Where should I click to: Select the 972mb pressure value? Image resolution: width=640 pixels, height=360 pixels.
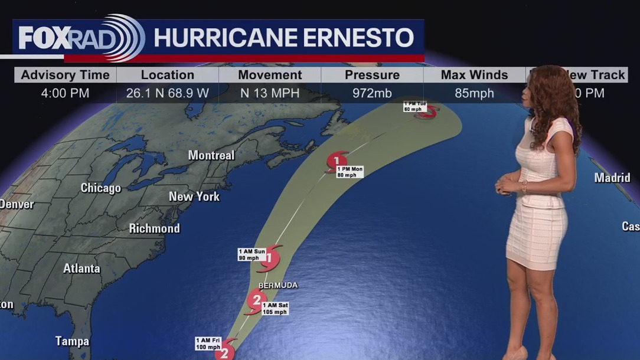click(x=372, y=93)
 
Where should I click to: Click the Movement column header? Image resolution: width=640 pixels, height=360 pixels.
click(x=270, y=75)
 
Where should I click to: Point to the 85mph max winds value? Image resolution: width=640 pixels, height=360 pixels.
click(x=474, y=93)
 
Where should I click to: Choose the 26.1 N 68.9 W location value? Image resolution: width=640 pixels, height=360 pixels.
click(x=168, y=93)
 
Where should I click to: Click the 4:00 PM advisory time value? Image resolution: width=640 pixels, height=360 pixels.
click(x=65, y=93)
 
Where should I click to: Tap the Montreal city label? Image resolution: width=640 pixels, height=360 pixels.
click(x=211, y=155)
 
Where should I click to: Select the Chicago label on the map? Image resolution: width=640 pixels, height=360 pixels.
click(x=100, y=188)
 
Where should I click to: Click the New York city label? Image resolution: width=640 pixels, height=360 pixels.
click(x=194, y=197)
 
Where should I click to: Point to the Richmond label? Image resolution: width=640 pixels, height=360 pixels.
click(x=154, y=228)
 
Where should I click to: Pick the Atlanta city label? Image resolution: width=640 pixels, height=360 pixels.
click(x=81, y=269)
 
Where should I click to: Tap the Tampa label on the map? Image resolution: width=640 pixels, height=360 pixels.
click(x=72, y=341)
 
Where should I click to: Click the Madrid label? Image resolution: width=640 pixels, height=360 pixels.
click(x=612, y=178)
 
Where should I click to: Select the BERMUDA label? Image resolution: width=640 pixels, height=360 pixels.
click(x=277, y=286)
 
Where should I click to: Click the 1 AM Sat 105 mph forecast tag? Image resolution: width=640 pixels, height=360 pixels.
click(x=275, y=309)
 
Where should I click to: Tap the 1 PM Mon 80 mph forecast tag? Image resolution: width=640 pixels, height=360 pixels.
click(x=350, y=172)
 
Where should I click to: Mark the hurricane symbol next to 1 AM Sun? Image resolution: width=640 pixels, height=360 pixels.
click(x=269, y=257)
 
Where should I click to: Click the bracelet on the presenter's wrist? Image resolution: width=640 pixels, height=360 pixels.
click(x=523, y=186)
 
